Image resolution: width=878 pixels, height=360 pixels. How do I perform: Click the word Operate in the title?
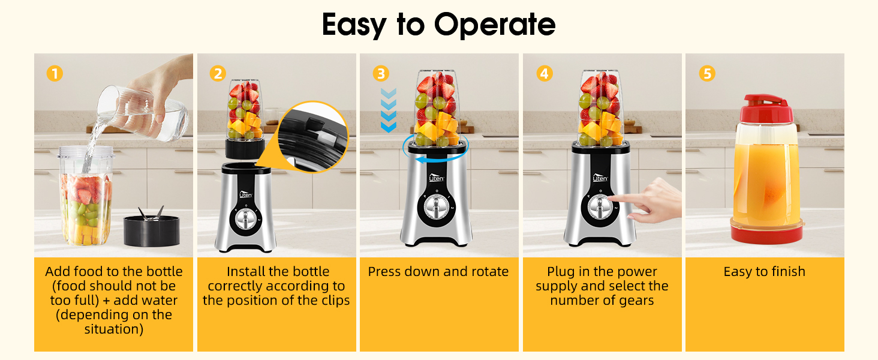click(495, 25)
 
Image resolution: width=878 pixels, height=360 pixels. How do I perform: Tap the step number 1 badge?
click(55, 74)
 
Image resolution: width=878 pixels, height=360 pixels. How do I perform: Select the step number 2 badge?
click(218, 74)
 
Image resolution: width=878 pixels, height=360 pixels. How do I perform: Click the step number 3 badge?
click(381, 74)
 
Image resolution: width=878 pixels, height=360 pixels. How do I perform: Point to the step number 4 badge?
click(544, 74)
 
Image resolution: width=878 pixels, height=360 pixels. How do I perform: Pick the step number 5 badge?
click(707, 74)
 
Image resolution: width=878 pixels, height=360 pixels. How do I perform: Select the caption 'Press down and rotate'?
click(438, 272)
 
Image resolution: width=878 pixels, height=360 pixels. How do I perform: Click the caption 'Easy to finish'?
click(764, 272)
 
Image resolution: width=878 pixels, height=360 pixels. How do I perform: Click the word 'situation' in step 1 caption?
click(113, 329)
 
